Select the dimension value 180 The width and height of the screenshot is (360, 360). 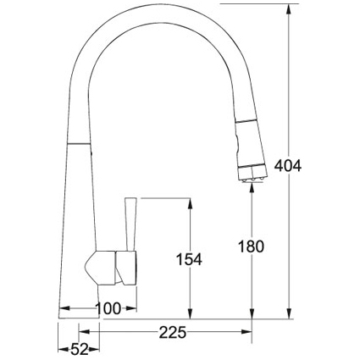point(252,246)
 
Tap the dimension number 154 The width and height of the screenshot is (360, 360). point(187,260)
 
